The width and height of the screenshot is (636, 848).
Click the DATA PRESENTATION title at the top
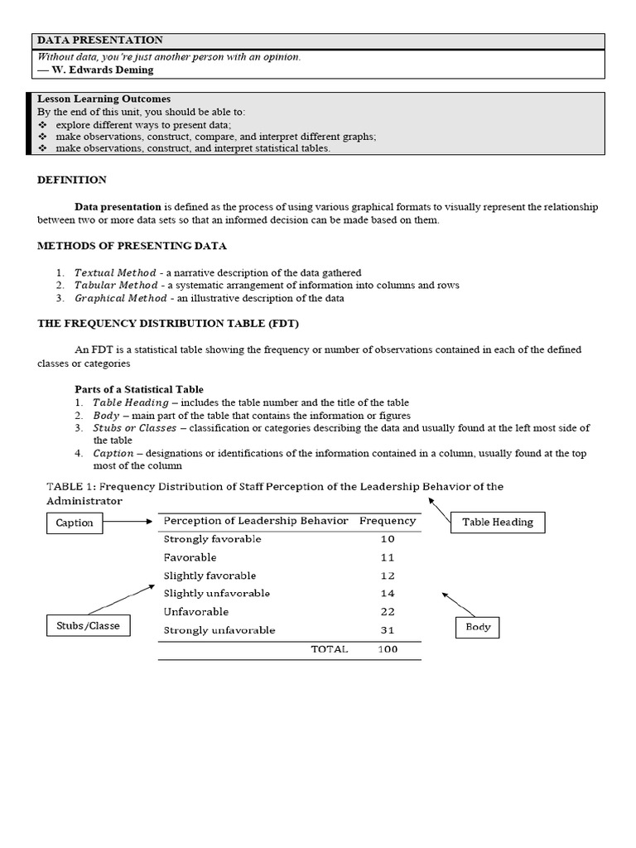99,41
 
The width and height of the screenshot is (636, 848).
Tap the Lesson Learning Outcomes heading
104,99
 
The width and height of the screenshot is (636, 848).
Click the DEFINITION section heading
72,180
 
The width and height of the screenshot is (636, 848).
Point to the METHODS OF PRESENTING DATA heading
132,246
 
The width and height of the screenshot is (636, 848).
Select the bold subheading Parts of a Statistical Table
139,389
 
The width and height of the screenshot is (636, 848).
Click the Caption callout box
75,523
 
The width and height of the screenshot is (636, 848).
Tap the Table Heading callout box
497,522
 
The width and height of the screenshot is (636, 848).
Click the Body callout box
478,627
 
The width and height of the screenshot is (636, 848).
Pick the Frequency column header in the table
388,521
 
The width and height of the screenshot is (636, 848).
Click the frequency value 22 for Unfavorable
388,612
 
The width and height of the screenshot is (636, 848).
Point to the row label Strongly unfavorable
219,630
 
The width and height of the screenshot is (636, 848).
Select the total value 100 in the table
388,649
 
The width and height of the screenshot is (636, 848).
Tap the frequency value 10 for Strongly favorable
388,539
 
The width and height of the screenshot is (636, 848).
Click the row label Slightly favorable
210,576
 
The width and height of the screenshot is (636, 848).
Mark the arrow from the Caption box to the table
126,522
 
